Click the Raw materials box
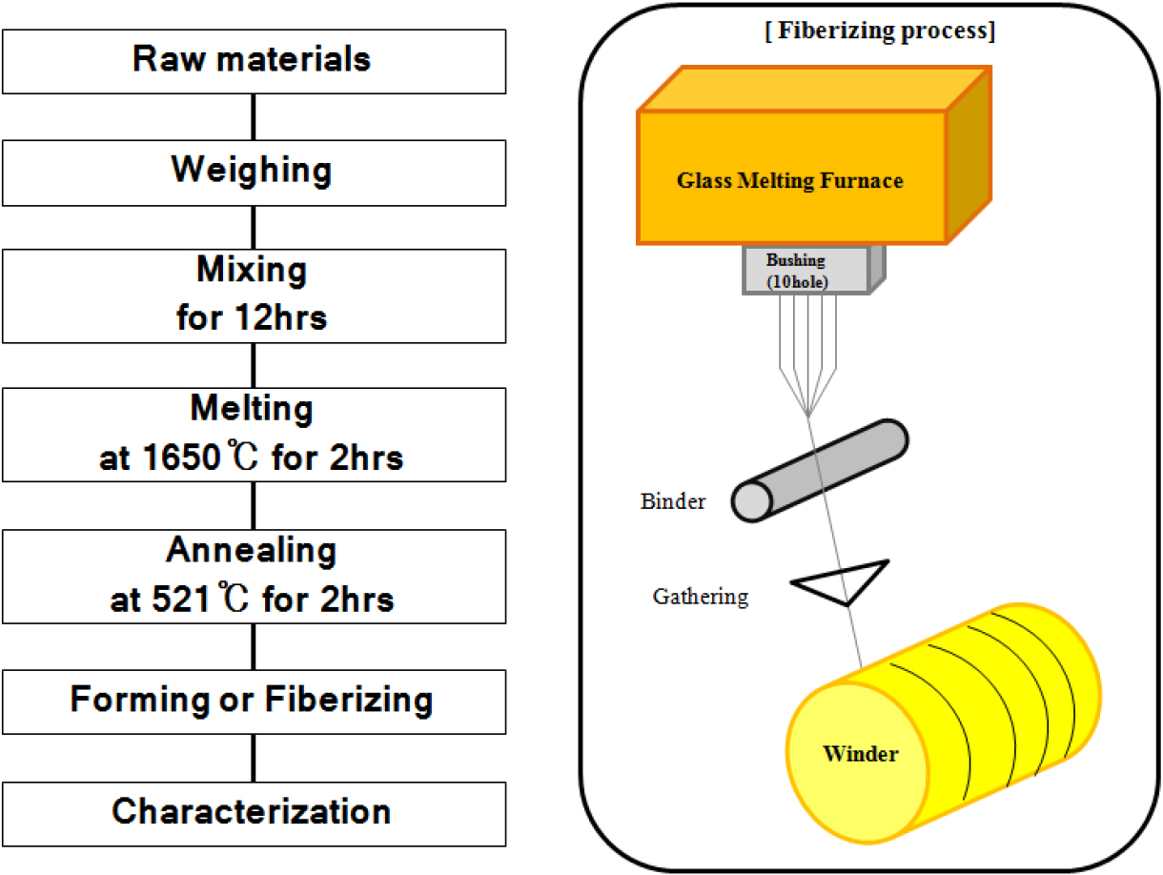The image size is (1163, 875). [x=253, y=60]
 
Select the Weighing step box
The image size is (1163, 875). [x=253, y=172]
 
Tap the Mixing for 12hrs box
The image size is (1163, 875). [x=253, y=295]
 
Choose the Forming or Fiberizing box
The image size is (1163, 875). [x=253, y=701]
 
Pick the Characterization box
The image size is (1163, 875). [x=253, y=813]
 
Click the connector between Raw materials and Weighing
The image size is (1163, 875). [x=253, y=115]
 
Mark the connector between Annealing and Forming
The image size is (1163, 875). [x=253, y=647]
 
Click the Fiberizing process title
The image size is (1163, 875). [x=867, y=31]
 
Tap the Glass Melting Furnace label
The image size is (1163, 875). [x=789, y=179]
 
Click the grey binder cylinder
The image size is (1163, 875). [x=820, y=470]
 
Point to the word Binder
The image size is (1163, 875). [x=673, y=501]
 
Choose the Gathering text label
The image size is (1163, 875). [x=701, y=598]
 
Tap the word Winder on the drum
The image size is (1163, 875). [x=860, y=754]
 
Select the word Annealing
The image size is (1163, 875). [x=252, y=551]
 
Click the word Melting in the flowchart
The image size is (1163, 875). [x=252, y=410]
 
